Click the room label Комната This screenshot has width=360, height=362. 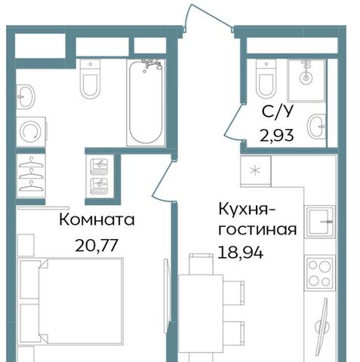pos(97,219)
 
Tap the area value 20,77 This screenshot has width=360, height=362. pos(97,245)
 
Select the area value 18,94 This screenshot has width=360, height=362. pos(241,253)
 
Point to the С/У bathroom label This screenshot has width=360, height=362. pos(278,112)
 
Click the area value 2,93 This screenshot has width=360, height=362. pos(277,135)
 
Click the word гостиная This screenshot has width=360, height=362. pos(257,229)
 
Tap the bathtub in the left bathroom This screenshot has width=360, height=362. pos(146,103)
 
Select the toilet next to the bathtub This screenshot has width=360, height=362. pos(90,78)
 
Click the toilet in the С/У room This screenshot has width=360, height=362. pos(266,78)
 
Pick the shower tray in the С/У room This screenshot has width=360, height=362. pos(306,81)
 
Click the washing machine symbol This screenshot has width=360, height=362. pos(31,131)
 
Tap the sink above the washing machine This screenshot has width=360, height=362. pos(26,97)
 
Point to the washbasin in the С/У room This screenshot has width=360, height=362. pos(317,126)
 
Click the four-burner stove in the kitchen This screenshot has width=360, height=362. pos(319,273)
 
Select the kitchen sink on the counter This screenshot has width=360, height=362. pos(320,222)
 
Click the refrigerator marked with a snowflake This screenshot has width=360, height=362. pos(256,171)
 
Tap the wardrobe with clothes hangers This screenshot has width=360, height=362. pos(31,176)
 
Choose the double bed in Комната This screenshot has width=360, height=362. pos(71,300)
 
